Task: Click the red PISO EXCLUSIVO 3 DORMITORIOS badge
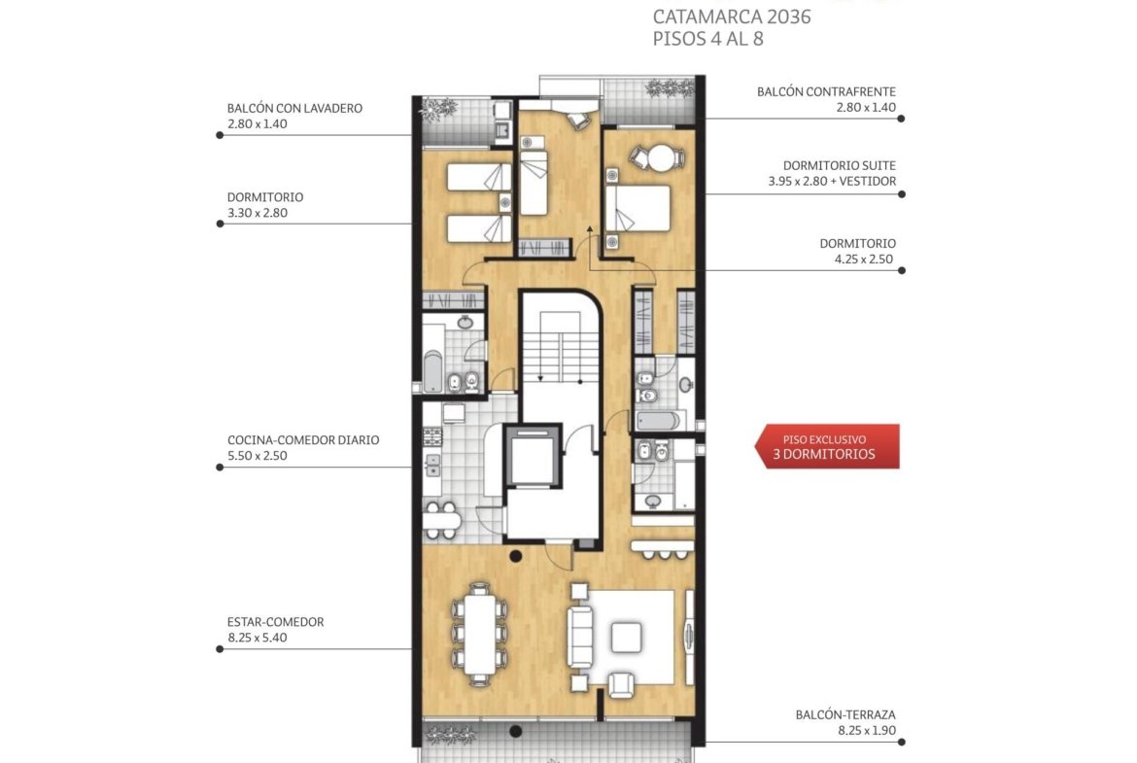click(x=827, y=447)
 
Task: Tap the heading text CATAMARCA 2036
click(x=732, y=17)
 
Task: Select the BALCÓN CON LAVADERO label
click(x=294, y=108)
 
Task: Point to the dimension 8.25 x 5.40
click(x=257, y=638)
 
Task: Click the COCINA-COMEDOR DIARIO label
click(x=303, y=439)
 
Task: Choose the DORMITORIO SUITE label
click(x=839, y=165)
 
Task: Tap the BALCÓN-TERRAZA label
click(x=845, y=714)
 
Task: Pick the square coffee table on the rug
click(x=626, y=638)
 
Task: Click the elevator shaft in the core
click(x=534, y=457)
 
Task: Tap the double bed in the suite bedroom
click(x=638, y=208)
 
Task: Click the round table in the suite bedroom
click(x=661, y=158)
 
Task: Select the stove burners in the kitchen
click(x=432, y=436)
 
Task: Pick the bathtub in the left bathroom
click(x=432, y=371)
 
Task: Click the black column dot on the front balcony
click(x=515, y=731)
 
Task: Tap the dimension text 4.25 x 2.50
click(x=864, y=259)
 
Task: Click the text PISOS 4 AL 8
click(x=707, y=39)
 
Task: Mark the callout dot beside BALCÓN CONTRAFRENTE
click(x=901, y=119)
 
